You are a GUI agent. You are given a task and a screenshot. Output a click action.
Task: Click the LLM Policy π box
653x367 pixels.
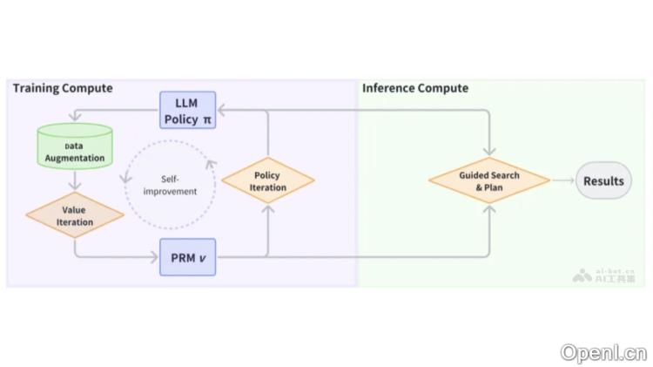(187, 111)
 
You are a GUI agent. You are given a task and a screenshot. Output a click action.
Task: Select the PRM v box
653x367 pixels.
(187, 256)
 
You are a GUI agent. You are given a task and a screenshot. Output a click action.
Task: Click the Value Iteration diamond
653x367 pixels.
(74, 215)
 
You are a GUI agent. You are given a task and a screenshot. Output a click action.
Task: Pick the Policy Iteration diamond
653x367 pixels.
(267, 181)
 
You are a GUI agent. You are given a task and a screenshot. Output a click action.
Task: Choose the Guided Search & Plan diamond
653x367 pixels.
(489, 181)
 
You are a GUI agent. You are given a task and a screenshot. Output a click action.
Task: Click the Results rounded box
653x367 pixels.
(603, 181)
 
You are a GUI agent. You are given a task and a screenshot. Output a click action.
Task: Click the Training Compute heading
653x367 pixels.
(63, 88)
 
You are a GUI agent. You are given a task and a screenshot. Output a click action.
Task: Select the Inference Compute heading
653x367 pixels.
(415, 88)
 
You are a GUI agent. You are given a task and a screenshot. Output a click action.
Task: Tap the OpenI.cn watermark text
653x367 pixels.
(603, 352)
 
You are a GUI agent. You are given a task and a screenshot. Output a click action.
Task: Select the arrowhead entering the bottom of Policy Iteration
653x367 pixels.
(267, 209)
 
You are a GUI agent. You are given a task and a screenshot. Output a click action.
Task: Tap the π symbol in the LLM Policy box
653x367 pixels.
(206, 119)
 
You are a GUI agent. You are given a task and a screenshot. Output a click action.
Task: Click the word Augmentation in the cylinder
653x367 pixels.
(75, 158)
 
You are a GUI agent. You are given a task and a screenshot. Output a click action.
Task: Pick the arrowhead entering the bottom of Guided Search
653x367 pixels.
(489, 209)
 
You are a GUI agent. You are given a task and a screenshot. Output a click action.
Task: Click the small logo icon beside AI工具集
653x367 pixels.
(582, 275)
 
